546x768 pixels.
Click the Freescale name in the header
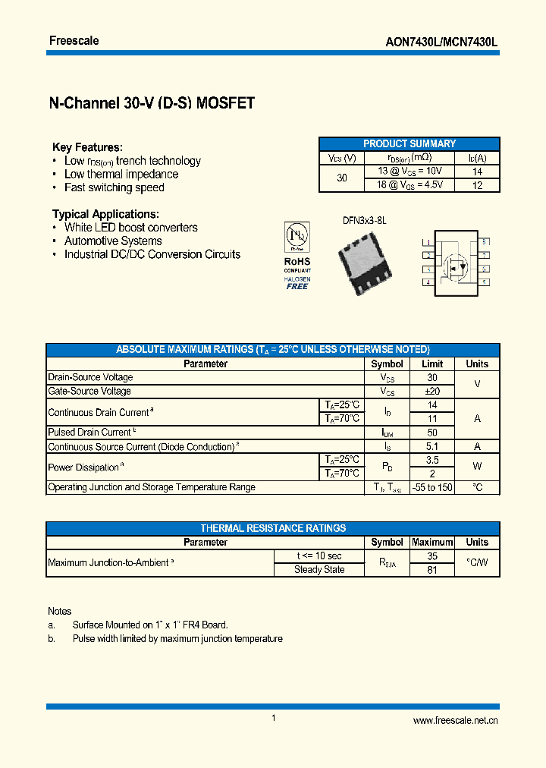74,40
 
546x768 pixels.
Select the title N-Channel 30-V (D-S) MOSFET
152,104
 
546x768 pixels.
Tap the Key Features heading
87,147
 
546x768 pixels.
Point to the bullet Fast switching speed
114,187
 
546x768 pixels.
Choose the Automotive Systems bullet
113,241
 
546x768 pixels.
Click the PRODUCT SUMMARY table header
409,143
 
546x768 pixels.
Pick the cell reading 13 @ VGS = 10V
409,172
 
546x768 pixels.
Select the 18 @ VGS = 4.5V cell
409,184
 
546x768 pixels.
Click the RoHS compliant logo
297,255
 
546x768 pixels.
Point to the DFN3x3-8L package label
364,220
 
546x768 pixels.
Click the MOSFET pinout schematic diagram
455,262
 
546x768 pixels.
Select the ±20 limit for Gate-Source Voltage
432,391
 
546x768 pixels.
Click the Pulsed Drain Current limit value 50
432,432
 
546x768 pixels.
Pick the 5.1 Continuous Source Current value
432,446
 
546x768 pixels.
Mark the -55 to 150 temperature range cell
432,487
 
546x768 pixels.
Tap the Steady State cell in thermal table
319,569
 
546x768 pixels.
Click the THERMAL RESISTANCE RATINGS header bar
273,528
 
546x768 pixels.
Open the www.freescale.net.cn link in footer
455,721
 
